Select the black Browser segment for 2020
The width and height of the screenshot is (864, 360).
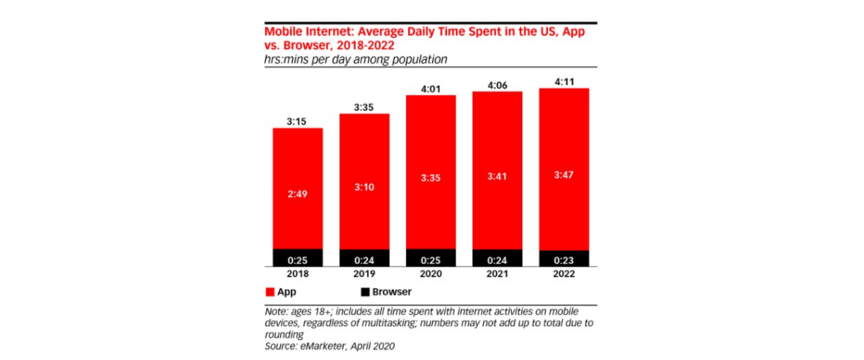click(431, 258)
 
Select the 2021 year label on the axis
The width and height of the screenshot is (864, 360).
click(497, 275)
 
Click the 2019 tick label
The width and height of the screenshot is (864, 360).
click(364, 275)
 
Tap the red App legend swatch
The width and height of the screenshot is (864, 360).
click(271, 292)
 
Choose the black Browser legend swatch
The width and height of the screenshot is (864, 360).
click(364, 292)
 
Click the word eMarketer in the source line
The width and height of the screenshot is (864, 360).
click(328, 346)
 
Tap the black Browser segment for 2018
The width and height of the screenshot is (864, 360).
click(297, 258)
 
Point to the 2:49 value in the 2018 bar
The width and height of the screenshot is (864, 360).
click(297, 194)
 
